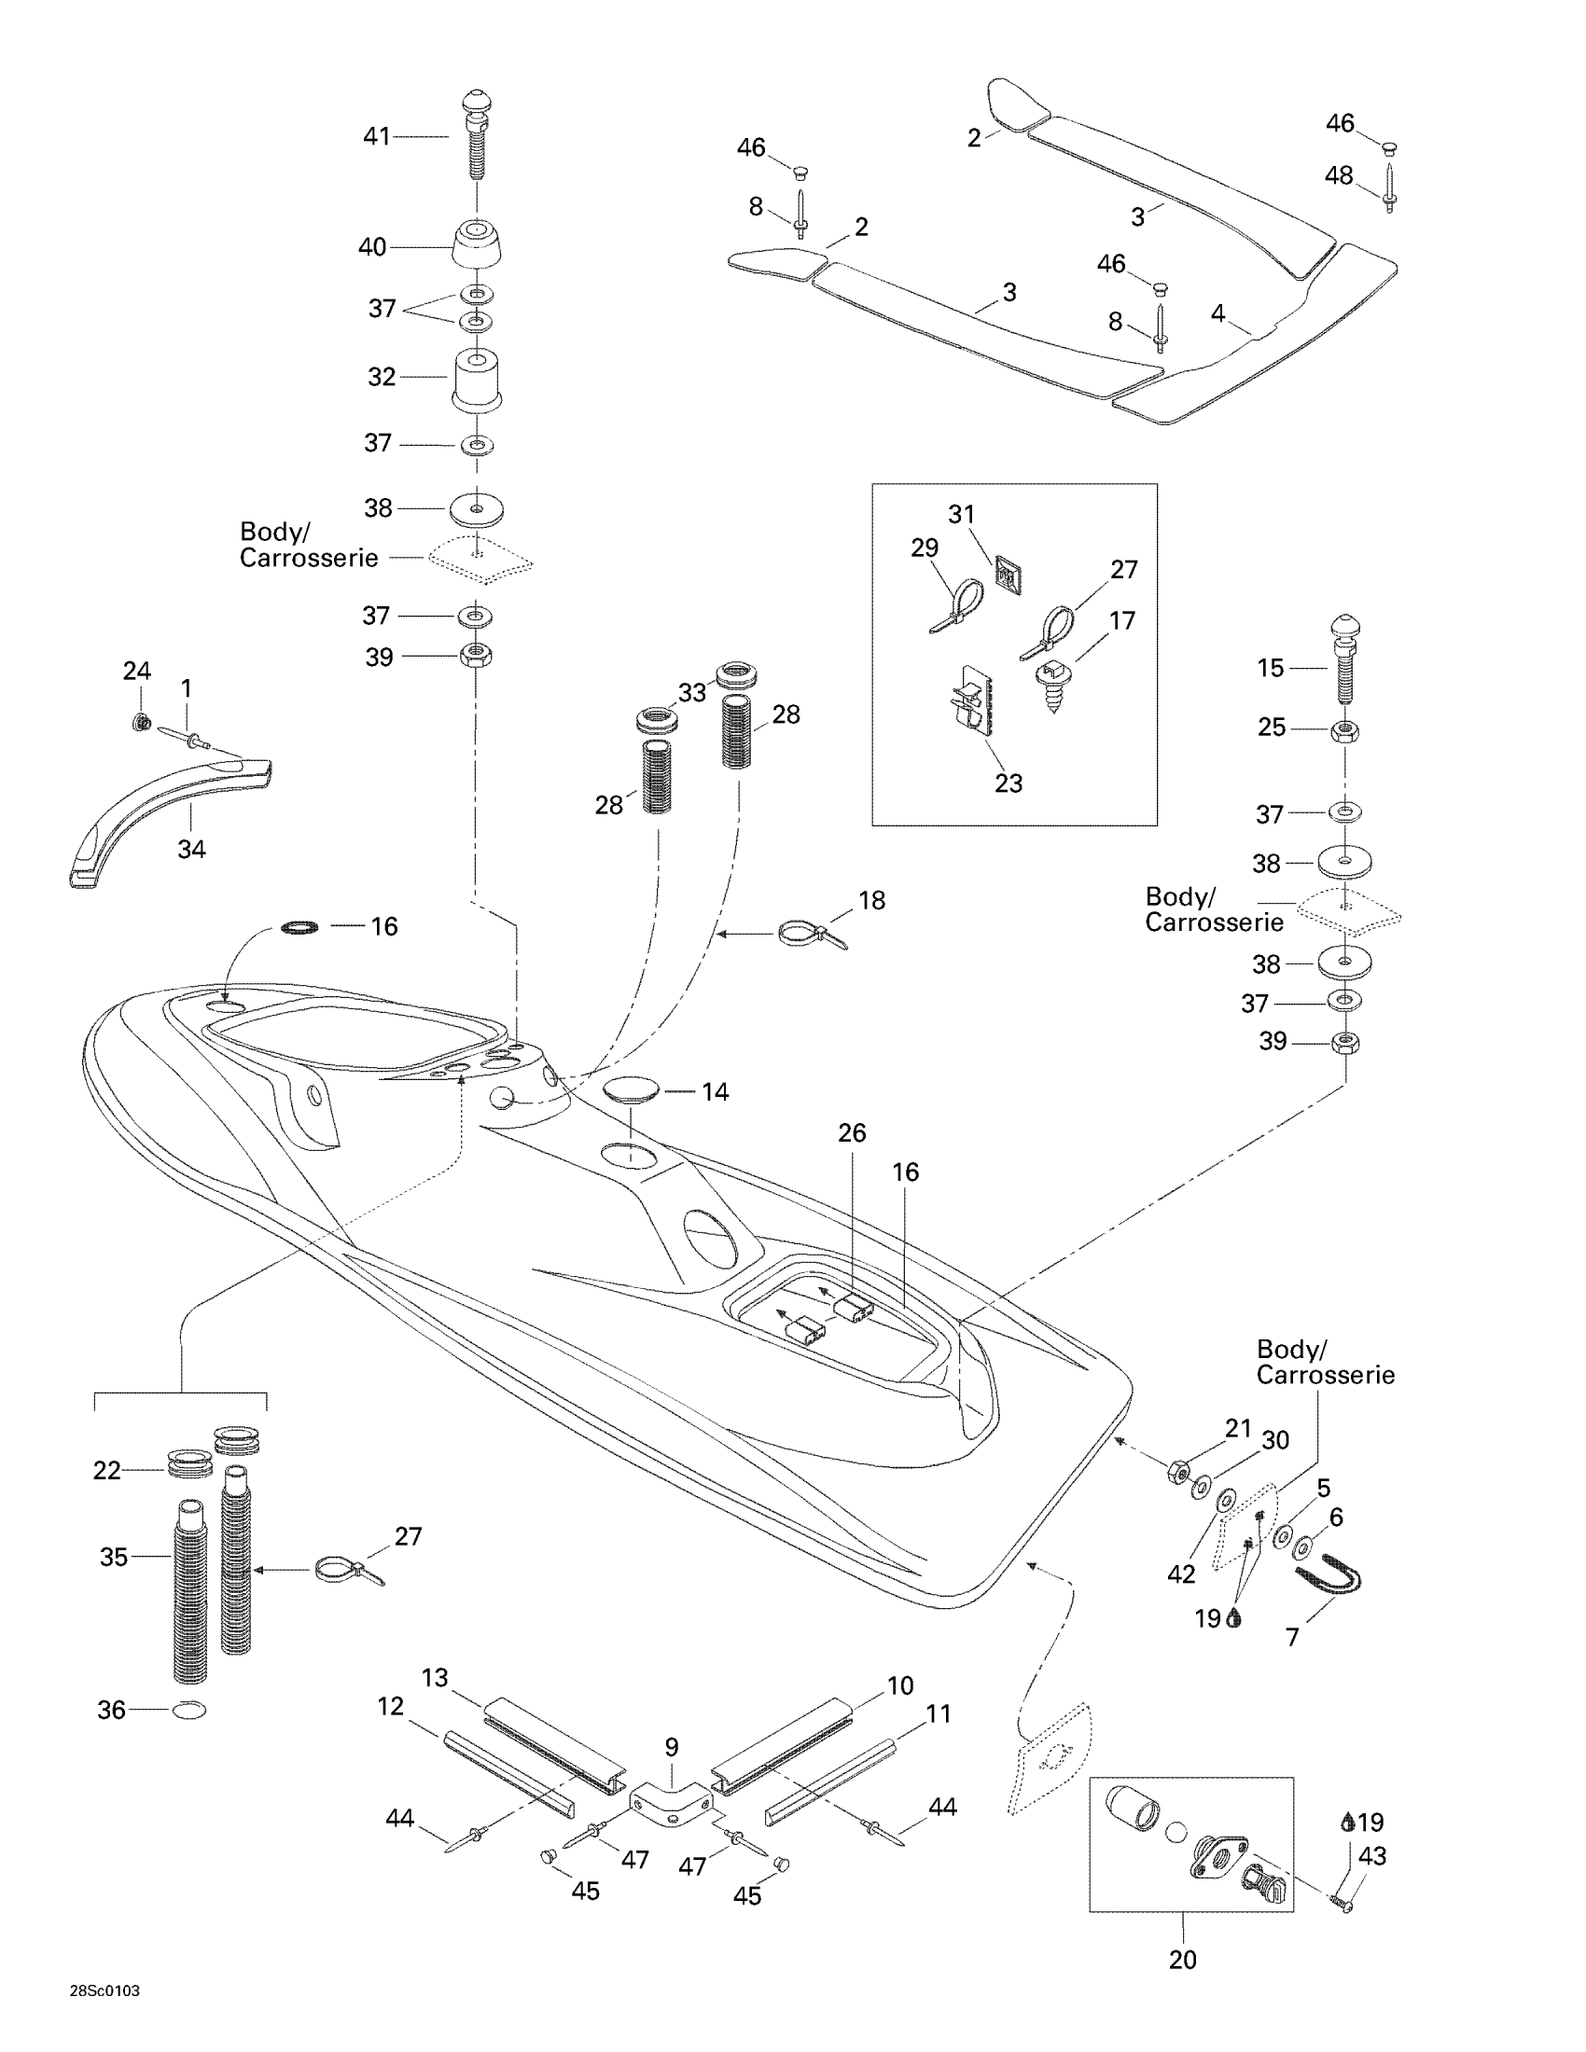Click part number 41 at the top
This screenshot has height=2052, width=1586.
click(376, 137)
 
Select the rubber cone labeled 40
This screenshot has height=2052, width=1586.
click(478, 245)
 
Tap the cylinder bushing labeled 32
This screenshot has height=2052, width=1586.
click(477, 379)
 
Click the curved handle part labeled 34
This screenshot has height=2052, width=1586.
click(169, 815)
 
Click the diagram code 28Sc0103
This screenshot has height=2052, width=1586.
click(104, 1991)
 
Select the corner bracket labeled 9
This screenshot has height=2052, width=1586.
click(671, 1805)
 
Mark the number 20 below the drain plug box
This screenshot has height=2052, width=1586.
click(1183, 1959)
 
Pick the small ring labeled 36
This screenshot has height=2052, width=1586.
click(188, 1710)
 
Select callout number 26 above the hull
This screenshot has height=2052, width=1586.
click(852, 1133)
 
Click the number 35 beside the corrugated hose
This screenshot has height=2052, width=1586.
click(114, 1557)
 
